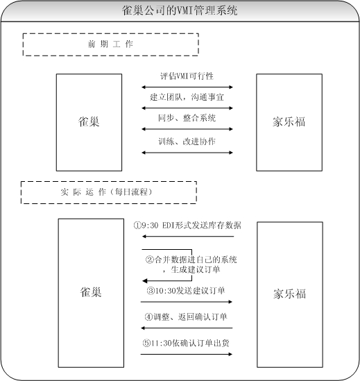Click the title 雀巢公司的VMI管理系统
(x=180, y=10)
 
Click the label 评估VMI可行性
(x=187, y=76)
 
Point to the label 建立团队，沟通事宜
(x=187, y=97)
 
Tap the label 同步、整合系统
(x=187, y=118)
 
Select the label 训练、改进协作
(x=187, y=141)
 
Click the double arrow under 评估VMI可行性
(x=187, y=87)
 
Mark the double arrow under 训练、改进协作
(x=187, y=153)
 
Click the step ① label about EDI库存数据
(x=187, y=226)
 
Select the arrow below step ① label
(x=188, y=236)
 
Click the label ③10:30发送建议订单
(x=186, y=291)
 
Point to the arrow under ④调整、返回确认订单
(x=187, y=328)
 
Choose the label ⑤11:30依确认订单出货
(x=186, y=343)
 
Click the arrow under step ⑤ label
(x=187, y=354)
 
